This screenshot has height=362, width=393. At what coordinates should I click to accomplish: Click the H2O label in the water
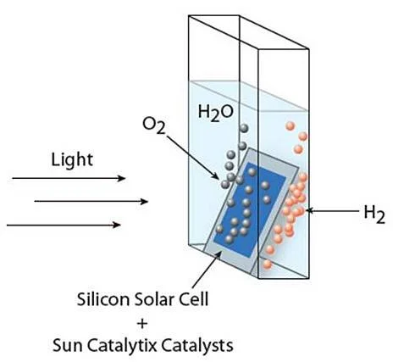[x=216, y=113]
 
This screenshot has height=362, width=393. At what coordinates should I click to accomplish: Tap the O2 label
[x=153, y=125]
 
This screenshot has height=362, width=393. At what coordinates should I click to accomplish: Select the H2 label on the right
[x=374, y=214]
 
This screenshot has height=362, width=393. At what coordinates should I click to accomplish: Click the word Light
[x=72, y=159]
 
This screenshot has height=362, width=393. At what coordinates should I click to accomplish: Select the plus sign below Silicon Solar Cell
[x=142, y=323]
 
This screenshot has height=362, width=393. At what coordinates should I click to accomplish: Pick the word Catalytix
[x=121, y=346]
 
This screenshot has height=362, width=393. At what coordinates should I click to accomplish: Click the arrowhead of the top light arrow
[x=122, y=178]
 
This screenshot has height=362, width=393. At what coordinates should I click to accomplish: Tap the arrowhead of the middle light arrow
[x=145, y=202]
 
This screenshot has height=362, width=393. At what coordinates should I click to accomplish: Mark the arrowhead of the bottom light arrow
[x=117, y=225]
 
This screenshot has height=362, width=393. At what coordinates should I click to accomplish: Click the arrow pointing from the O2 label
[x=192, y=158]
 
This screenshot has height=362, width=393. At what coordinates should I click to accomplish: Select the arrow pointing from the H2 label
[x=333, y=210]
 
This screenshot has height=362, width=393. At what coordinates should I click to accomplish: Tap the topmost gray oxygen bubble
[x=244, y=128]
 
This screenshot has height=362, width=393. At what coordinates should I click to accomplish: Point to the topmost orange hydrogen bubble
[x=291, y=125]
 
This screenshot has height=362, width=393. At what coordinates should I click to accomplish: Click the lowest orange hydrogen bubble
[x=267, y=265]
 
